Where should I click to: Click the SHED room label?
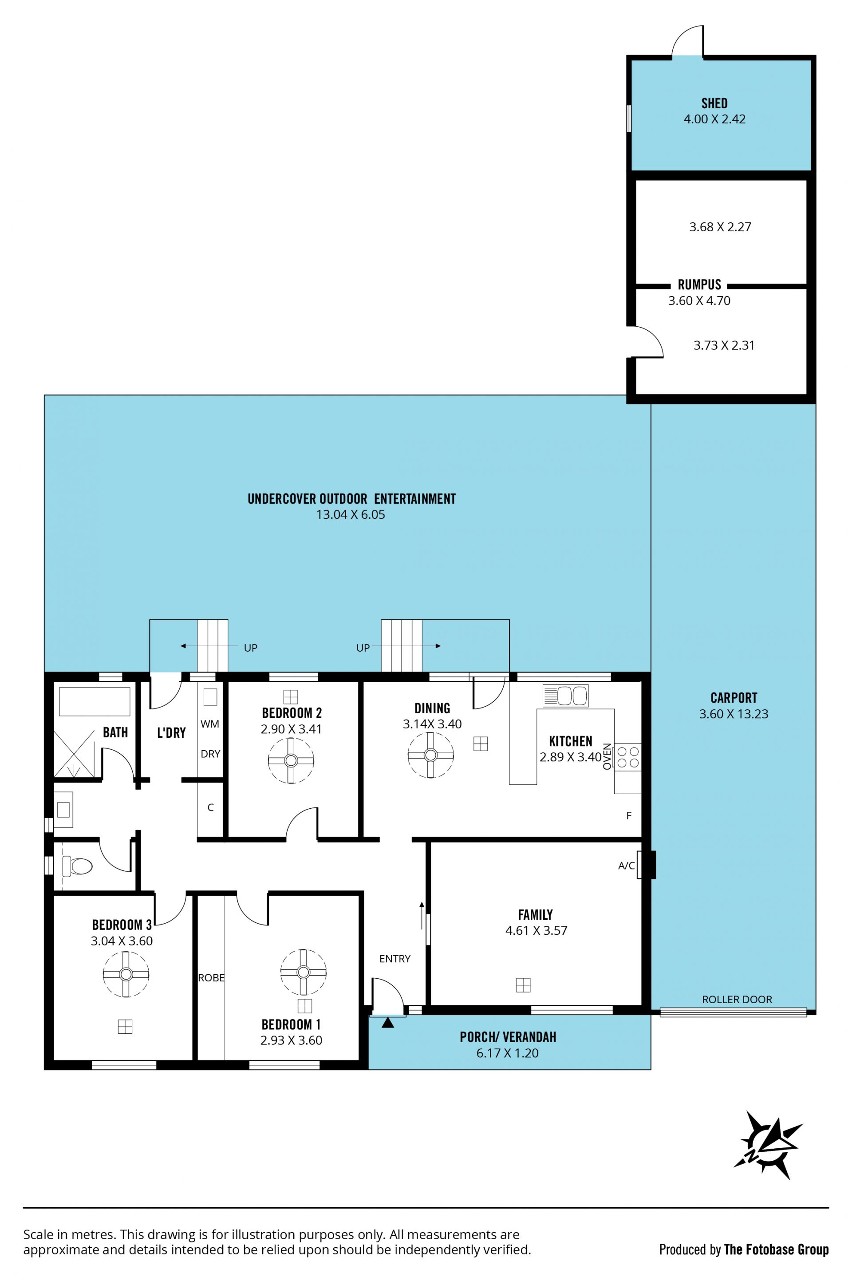[x=714, y=103]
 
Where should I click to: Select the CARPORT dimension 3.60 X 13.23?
[x=734, y=714]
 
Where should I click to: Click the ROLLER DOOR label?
[x=737, y=999]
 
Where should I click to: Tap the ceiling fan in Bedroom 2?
[x=291, y=760]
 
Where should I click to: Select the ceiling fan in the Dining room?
[x=431, y=755]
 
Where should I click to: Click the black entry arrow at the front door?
[x=387, y=1023]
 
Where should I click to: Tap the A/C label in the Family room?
[x=627, y=866]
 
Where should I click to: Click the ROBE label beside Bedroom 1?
[x=211, y=978]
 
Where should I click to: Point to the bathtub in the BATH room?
[x=95, y=701]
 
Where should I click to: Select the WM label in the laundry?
[x=210, y=724]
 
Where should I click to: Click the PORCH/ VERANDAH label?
[x=508, y=1037]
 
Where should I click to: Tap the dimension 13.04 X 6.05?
[x=351, y=514]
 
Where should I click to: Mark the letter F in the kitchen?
[x=629, y=815]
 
